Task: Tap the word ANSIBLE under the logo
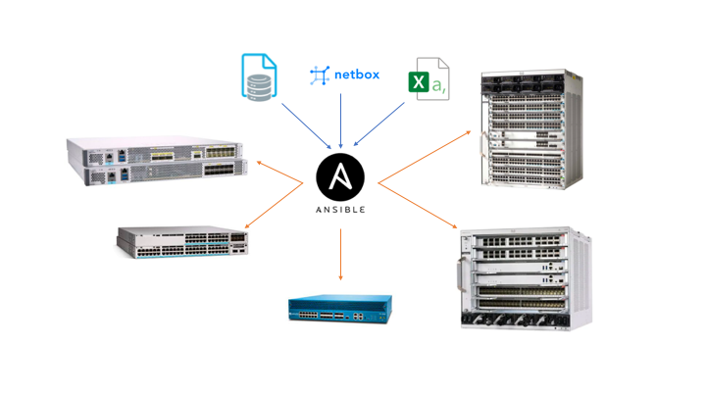pos(340,210)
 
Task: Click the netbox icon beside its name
pos(320,75)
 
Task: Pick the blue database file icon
pos(259,77)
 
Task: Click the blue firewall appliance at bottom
pos(339,309)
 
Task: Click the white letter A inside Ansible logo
pos(340,177)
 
